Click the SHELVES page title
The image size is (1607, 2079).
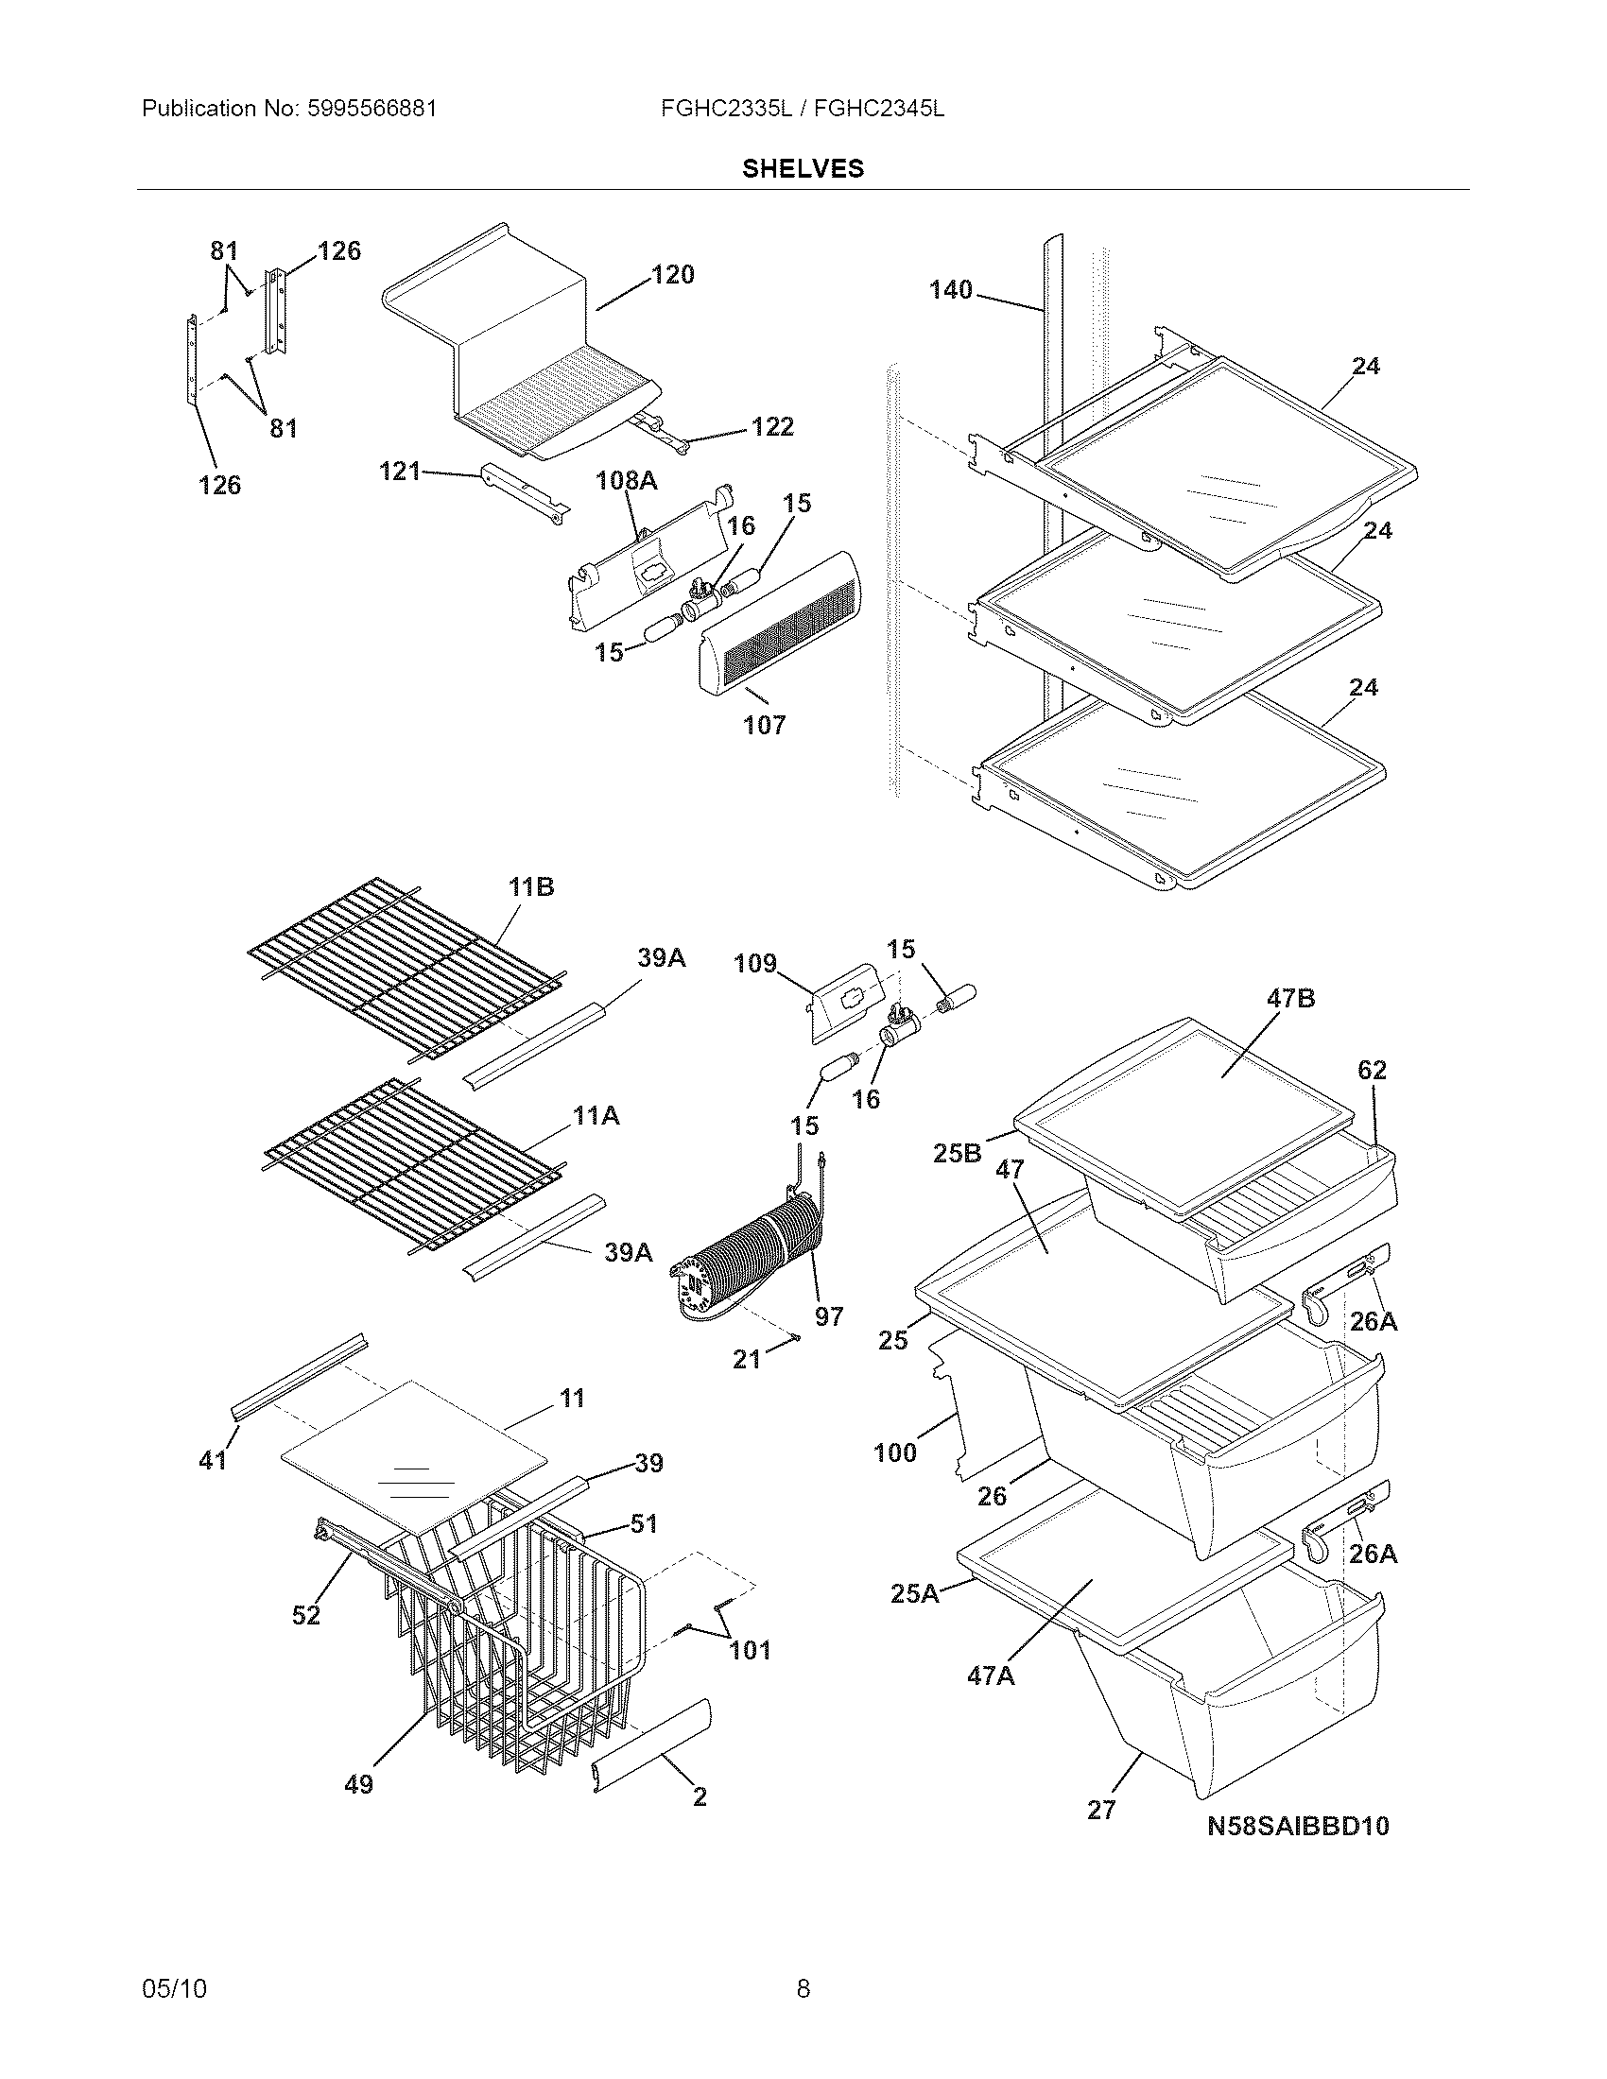click(x=803, y=168)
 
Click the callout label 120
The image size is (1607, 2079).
click(x=672, y=275)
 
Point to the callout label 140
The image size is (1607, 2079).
click(x=950, y=289)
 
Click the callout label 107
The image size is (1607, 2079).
click(x=764, y=726)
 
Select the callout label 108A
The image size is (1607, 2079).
click(x=627, y=481)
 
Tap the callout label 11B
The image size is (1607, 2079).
click(x=530, y=887)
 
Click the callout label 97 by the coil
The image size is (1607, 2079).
click(x=828, y=1316)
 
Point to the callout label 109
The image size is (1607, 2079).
click(x=755, y=964)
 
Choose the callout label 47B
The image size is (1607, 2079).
click(x=1291, y=999)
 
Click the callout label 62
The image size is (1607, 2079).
click(x=1372, y=1070)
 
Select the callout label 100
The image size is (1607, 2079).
click(x=895, y=1452)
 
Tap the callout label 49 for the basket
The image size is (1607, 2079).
click(x=358, y=1784)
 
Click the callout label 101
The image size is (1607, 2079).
click(x=750, y=1650)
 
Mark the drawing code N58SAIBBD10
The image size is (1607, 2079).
click(x=1298, y=1826)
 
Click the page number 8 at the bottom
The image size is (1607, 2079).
click(x=803, y=1987)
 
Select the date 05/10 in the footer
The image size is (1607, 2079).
click(x=173, y=1987)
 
